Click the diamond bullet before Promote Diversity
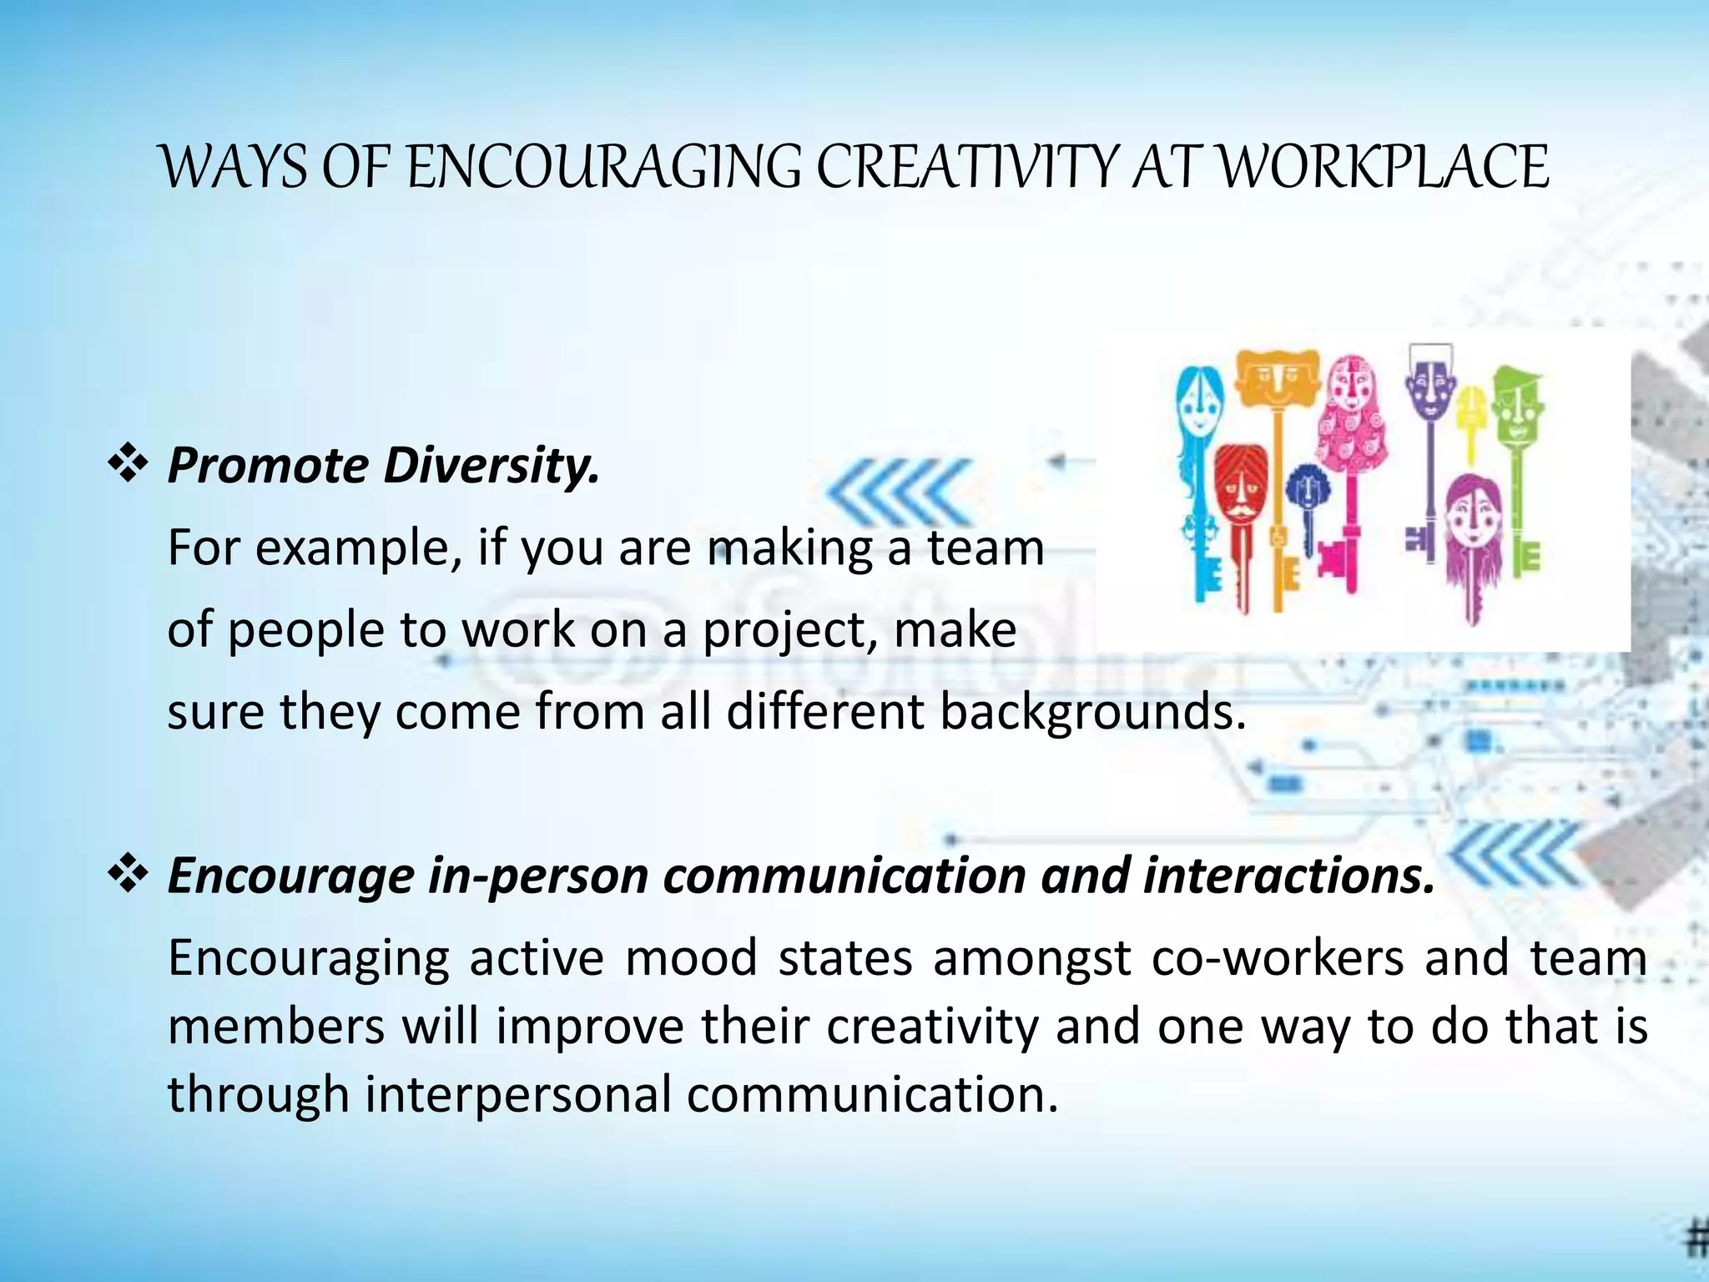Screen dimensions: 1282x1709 128,465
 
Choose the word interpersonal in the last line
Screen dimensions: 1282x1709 517,1094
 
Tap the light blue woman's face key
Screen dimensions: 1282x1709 1199,409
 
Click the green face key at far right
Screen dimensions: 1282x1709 1517,405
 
